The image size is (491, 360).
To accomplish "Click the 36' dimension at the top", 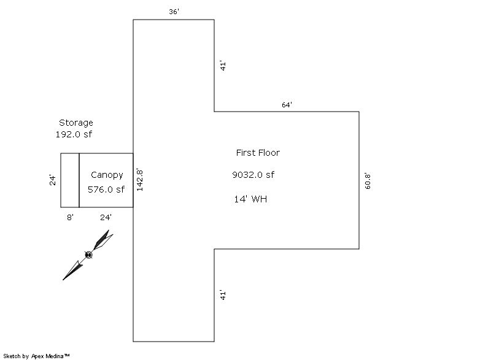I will (x=174, y=12).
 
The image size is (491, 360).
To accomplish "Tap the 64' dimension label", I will (x=287, y=105).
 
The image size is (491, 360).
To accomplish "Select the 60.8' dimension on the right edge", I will (x=368, y=180).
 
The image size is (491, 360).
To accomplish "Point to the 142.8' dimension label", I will (x=140, y=180).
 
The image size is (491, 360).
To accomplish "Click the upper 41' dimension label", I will (x=223, y=66).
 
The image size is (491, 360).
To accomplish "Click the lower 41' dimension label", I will (x=223, y=295).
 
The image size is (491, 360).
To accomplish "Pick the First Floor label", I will (x=258, y=153).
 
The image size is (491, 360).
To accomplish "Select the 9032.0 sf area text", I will (x=253, y=175).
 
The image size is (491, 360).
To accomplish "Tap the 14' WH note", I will (x=250, y=199).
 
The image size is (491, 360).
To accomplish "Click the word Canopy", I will (x=107, y=175).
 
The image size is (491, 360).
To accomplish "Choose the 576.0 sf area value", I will (x=106, y=190).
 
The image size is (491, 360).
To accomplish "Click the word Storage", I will (x=76, y=123).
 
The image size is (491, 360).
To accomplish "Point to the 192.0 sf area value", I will (x=74, y=134).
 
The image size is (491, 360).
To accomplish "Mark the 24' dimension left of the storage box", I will (x=53, y=180).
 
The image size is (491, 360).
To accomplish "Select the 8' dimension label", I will (x=70, y=216).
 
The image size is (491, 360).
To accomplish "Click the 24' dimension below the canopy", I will (x=106, y=216).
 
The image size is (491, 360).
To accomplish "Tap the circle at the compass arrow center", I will (x=88, y=255).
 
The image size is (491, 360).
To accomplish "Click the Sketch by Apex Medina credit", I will (x=36, y=356).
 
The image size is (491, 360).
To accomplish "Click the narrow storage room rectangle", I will (x=70, y=180).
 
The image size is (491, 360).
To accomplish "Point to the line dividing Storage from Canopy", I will (x=79, y=180).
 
